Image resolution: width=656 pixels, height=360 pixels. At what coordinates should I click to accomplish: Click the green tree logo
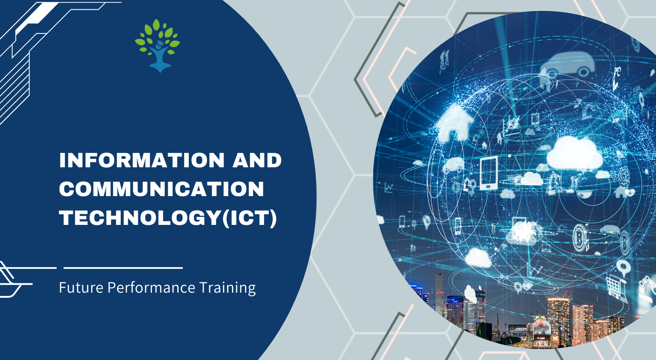[157, 46]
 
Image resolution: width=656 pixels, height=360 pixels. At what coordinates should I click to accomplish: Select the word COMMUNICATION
[162, 189]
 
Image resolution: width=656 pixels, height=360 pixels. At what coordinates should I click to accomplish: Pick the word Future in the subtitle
[81, 288]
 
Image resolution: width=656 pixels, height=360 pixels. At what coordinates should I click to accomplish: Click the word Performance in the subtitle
[151, 288]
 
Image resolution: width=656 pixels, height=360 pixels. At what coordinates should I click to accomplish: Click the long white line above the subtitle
[123, 268]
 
